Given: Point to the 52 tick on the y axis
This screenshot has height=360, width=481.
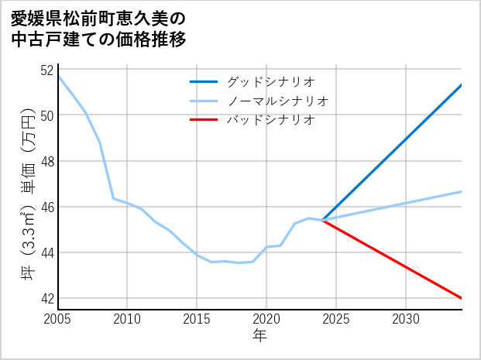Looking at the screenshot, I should [46, 70].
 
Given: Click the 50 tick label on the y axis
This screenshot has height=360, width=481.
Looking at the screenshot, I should [46, 115].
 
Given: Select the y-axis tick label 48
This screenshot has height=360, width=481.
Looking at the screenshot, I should [46, 161].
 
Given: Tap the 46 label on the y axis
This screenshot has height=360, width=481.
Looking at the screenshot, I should [46, 207].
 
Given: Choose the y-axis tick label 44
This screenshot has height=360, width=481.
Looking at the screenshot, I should [46, 252].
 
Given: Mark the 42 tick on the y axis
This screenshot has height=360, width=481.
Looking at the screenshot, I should [46, 298].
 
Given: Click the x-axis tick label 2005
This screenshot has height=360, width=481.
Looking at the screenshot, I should [58, 319].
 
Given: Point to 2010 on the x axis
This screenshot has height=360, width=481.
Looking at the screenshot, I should [128, 319].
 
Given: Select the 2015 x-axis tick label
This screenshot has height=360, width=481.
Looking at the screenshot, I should [197, 319].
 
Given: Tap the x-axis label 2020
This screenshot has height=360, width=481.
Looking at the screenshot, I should [266, 319].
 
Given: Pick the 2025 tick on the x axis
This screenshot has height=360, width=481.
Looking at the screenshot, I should [336, 319].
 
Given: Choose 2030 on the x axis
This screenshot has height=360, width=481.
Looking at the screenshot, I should [406, 319].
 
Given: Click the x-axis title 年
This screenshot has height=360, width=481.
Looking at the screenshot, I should [259, 336].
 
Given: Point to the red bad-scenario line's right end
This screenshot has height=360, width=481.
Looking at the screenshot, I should [461, 298].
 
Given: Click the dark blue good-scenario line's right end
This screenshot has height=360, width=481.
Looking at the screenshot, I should [461, 85].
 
